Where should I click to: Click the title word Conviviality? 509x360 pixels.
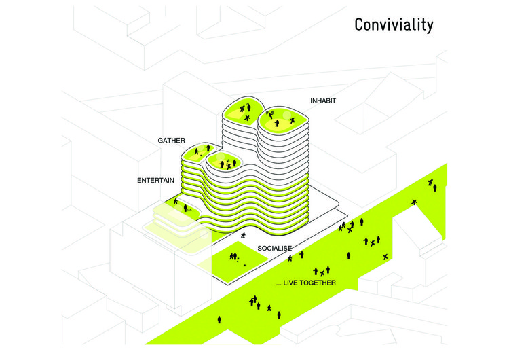393,25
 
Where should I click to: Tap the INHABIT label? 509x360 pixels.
324,101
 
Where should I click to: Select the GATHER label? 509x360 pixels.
171,140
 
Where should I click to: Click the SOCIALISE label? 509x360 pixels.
274,249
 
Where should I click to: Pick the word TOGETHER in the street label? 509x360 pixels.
316,283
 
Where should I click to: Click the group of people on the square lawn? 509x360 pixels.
234,256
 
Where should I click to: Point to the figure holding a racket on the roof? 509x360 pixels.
269,114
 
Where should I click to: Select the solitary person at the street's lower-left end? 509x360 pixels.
219,318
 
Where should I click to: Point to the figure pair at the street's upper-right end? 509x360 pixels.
432,183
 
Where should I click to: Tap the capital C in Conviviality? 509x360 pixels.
360,25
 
